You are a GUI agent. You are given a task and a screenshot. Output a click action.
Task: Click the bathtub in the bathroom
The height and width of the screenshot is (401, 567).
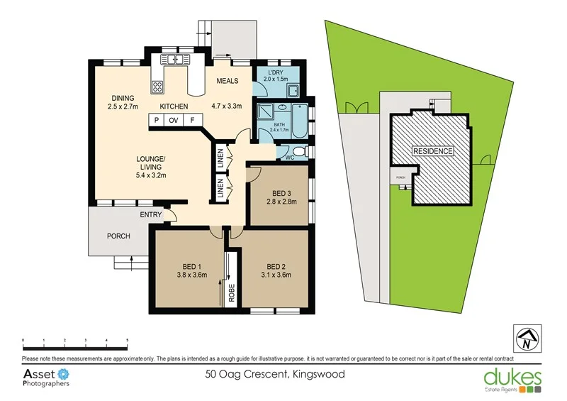[298, 123]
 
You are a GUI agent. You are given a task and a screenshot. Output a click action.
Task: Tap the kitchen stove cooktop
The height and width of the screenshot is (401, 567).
[157, 88]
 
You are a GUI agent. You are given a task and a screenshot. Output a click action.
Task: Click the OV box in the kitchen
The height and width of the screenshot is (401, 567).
[174, 121]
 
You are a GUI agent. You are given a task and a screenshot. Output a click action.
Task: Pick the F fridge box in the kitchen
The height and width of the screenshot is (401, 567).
[191, 121]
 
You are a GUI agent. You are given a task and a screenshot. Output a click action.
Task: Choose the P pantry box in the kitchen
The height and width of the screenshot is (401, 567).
[156, 121]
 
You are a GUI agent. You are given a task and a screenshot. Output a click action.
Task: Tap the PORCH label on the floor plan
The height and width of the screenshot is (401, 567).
[118, 236]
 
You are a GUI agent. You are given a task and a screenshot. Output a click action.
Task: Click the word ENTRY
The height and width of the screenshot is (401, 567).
[151, 214]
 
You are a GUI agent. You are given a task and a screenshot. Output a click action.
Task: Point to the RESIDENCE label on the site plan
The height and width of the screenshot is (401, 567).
[433, 152]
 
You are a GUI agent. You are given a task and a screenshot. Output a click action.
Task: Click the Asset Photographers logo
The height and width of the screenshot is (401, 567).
[47, 377]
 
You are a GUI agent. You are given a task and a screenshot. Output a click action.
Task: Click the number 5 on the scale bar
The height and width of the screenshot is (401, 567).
[127, 341]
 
